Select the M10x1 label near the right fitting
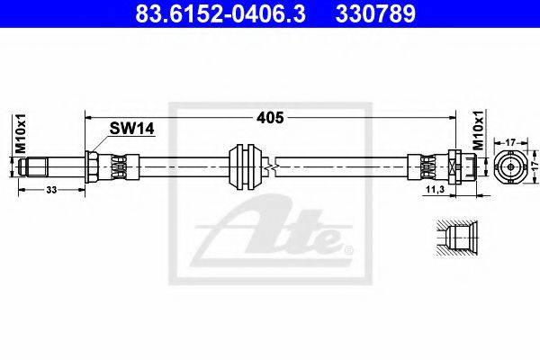pos(478,135)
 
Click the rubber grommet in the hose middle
pos(246,166)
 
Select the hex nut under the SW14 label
pos(92,166)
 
